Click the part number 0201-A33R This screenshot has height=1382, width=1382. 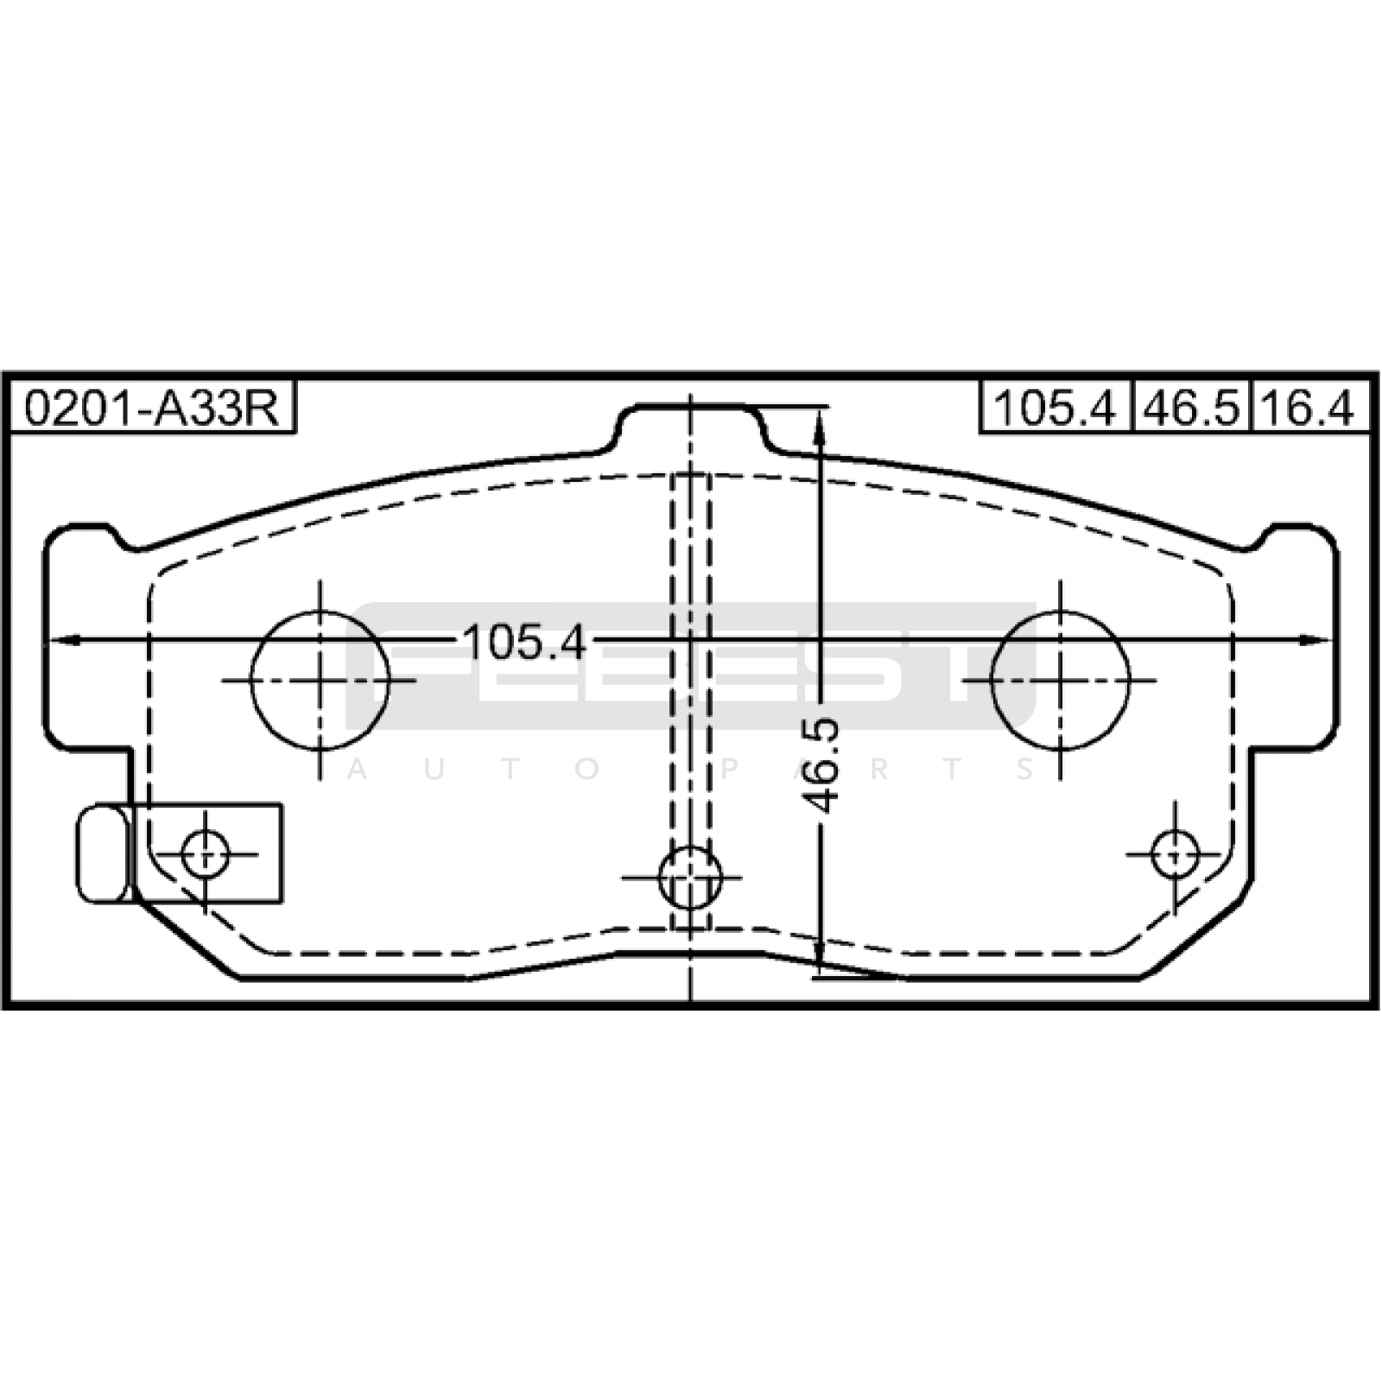(152, 409)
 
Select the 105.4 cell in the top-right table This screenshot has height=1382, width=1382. (1056, 407)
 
